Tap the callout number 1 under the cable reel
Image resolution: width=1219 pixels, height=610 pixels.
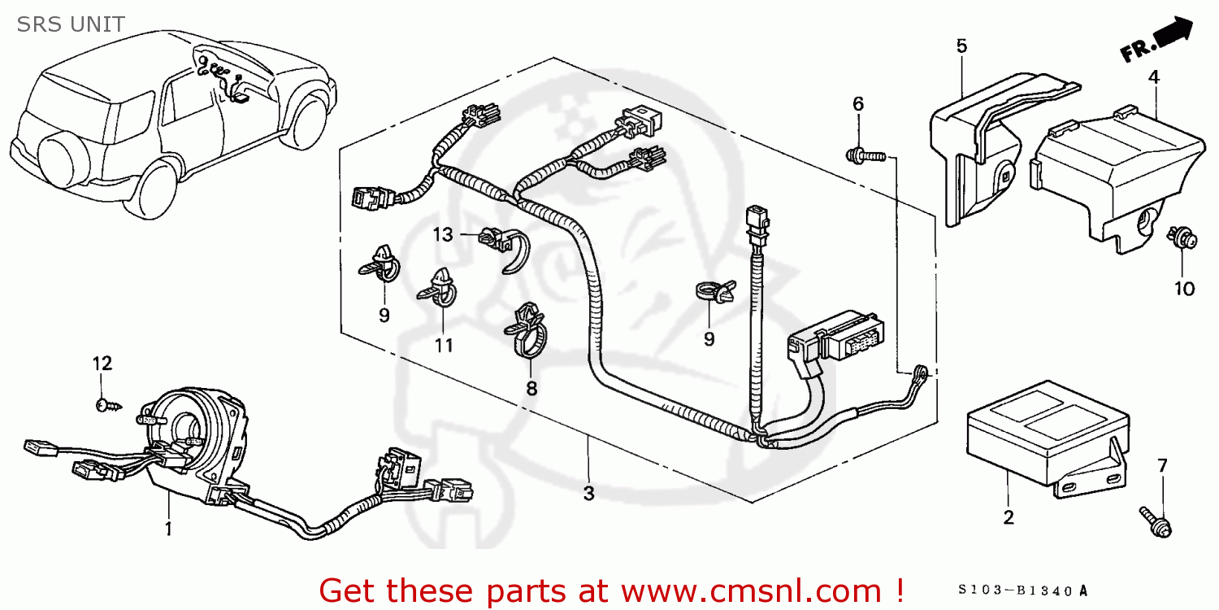[168, 529]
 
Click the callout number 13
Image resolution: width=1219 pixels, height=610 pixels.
[442, 235]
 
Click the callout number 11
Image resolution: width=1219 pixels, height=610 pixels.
[443, 346]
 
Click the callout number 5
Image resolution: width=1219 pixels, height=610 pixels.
[961, 46]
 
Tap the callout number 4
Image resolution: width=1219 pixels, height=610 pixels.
[1154, 77]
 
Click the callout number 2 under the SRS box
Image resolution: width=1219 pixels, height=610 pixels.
[1009, 517]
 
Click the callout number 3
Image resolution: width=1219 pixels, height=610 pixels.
[588, 493]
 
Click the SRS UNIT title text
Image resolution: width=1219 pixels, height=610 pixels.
[71, 24]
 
